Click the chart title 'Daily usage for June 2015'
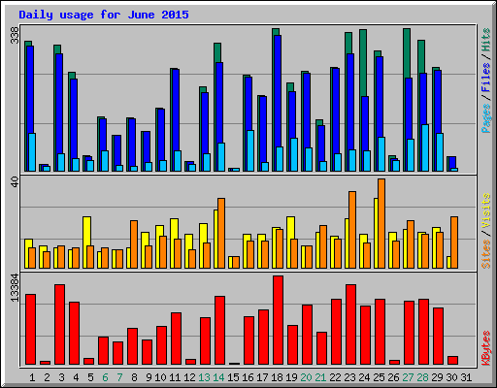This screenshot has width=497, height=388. [x=104, y=15]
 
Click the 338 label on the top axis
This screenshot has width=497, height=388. [x=14, y=36]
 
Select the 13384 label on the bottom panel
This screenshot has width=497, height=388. [x=14, y=289]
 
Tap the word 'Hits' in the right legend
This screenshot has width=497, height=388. [x=485, y=39]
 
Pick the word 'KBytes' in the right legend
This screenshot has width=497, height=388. [x=485, y=347]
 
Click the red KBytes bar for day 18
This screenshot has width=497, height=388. [x=278, y=320]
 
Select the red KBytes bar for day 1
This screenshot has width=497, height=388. [x=30, y=329]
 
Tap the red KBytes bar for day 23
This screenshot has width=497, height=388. [x=350, y=324]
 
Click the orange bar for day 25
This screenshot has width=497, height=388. [x=381, y=223]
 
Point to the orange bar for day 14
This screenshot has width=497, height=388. [x=221, y=233]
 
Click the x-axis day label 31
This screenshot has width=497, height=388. [x=466, y=377]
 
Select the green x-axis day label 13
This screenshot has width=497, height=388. [x=204, y=377]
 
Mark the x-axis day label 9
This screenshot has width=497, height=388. [x=147, y=377]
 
